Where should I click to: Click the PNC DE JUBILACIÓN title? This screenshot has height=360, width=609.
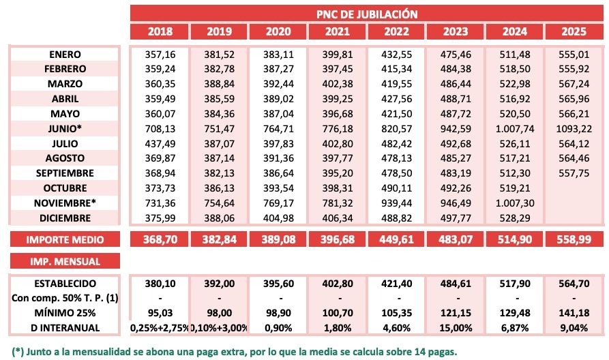pos(366,13)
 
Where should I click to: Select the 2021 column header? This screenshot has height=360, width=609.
pos(338,31)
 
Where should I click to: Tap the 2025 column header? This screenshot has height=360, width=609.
pos(575,31)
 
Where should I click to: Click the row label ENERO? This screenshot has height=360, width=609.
pos(66,54)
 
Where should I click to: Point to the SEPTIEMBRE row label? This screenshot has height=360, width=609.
pos(66,173)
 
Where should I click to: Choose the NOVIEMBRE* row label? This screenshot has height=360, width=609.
pos(66,203)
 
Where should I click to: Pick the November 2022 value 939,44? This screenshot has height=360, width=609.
pos(397,203)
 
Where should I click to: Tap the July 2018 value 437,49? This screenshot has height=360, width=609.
pos(160,144)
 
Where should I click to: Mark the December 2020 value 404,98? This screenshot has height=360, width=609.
pos(278,218)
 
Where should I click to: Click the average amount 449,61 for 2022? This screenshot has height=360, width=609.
pos(397,239)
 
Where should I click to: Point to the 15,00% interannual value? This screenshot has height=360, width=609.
pos(456,328)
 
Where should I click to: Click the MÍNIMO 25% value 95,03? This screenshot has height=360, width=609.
pos(160,313)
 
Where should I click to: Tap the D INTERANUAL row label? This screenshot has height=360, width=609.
pos(66,328)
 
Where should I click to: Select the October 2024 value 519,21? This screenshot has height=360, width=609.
pos(516,188)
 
